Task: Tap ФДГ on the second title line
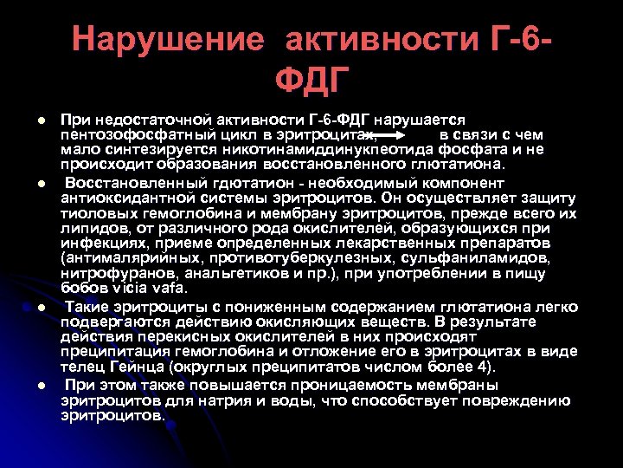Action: click(312, 82)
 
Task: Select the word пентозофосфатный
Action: click(131, 135)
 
